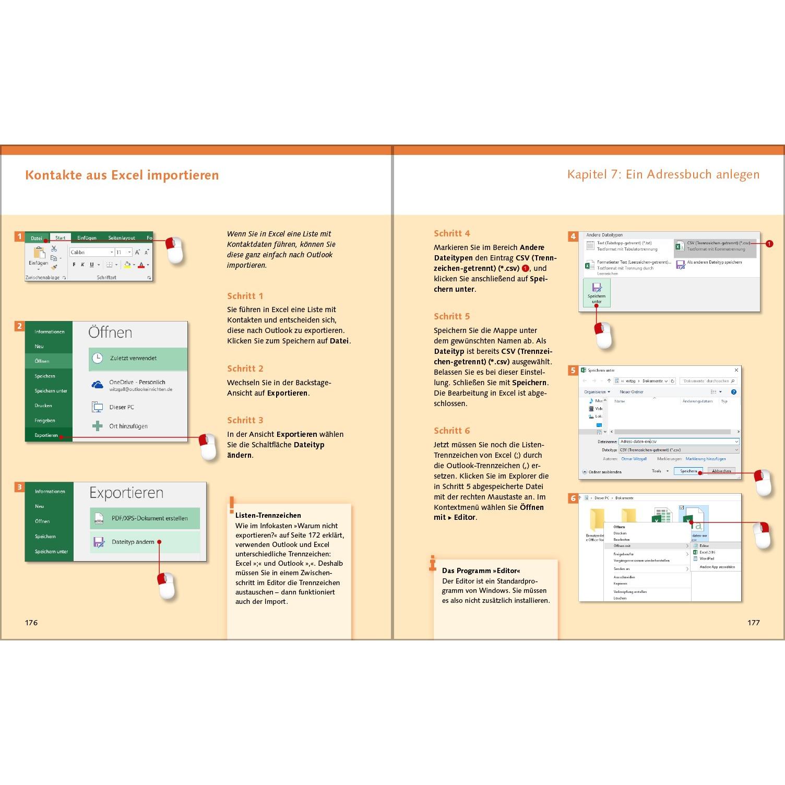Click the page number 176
tap(31, 622)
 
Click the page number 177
tap(753, 622)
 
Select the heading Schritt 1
tap(245, 296)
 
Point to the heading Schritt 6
tap(451, 431)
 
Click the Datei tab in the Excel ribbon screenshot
tap(37, 238)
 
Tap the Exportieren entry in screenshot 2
tap(46, 435)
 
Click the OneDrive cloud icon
tap(98, 385)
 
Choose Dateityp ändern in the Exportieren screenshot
tap(133, 542)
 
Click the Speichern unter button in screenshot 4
tap(597, 293)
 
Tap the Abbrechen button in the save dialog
tap(721, 471)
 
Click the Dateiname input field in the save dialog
tap(678, 442)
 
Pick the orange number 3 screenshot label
tap(19, 487)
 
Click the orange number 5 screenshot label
tap(573, 371)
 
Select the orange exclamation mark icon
tap(232, 505)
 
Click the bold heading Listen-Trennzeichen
tap(268, 515)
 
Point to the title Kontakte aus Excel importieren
tap(122, 175)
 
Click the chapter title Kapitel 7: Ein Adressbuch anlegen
tap(663, 174)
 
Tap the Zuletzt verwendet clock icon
tap(98, 358)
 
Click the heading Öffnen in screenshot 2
tap(110, 332)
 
